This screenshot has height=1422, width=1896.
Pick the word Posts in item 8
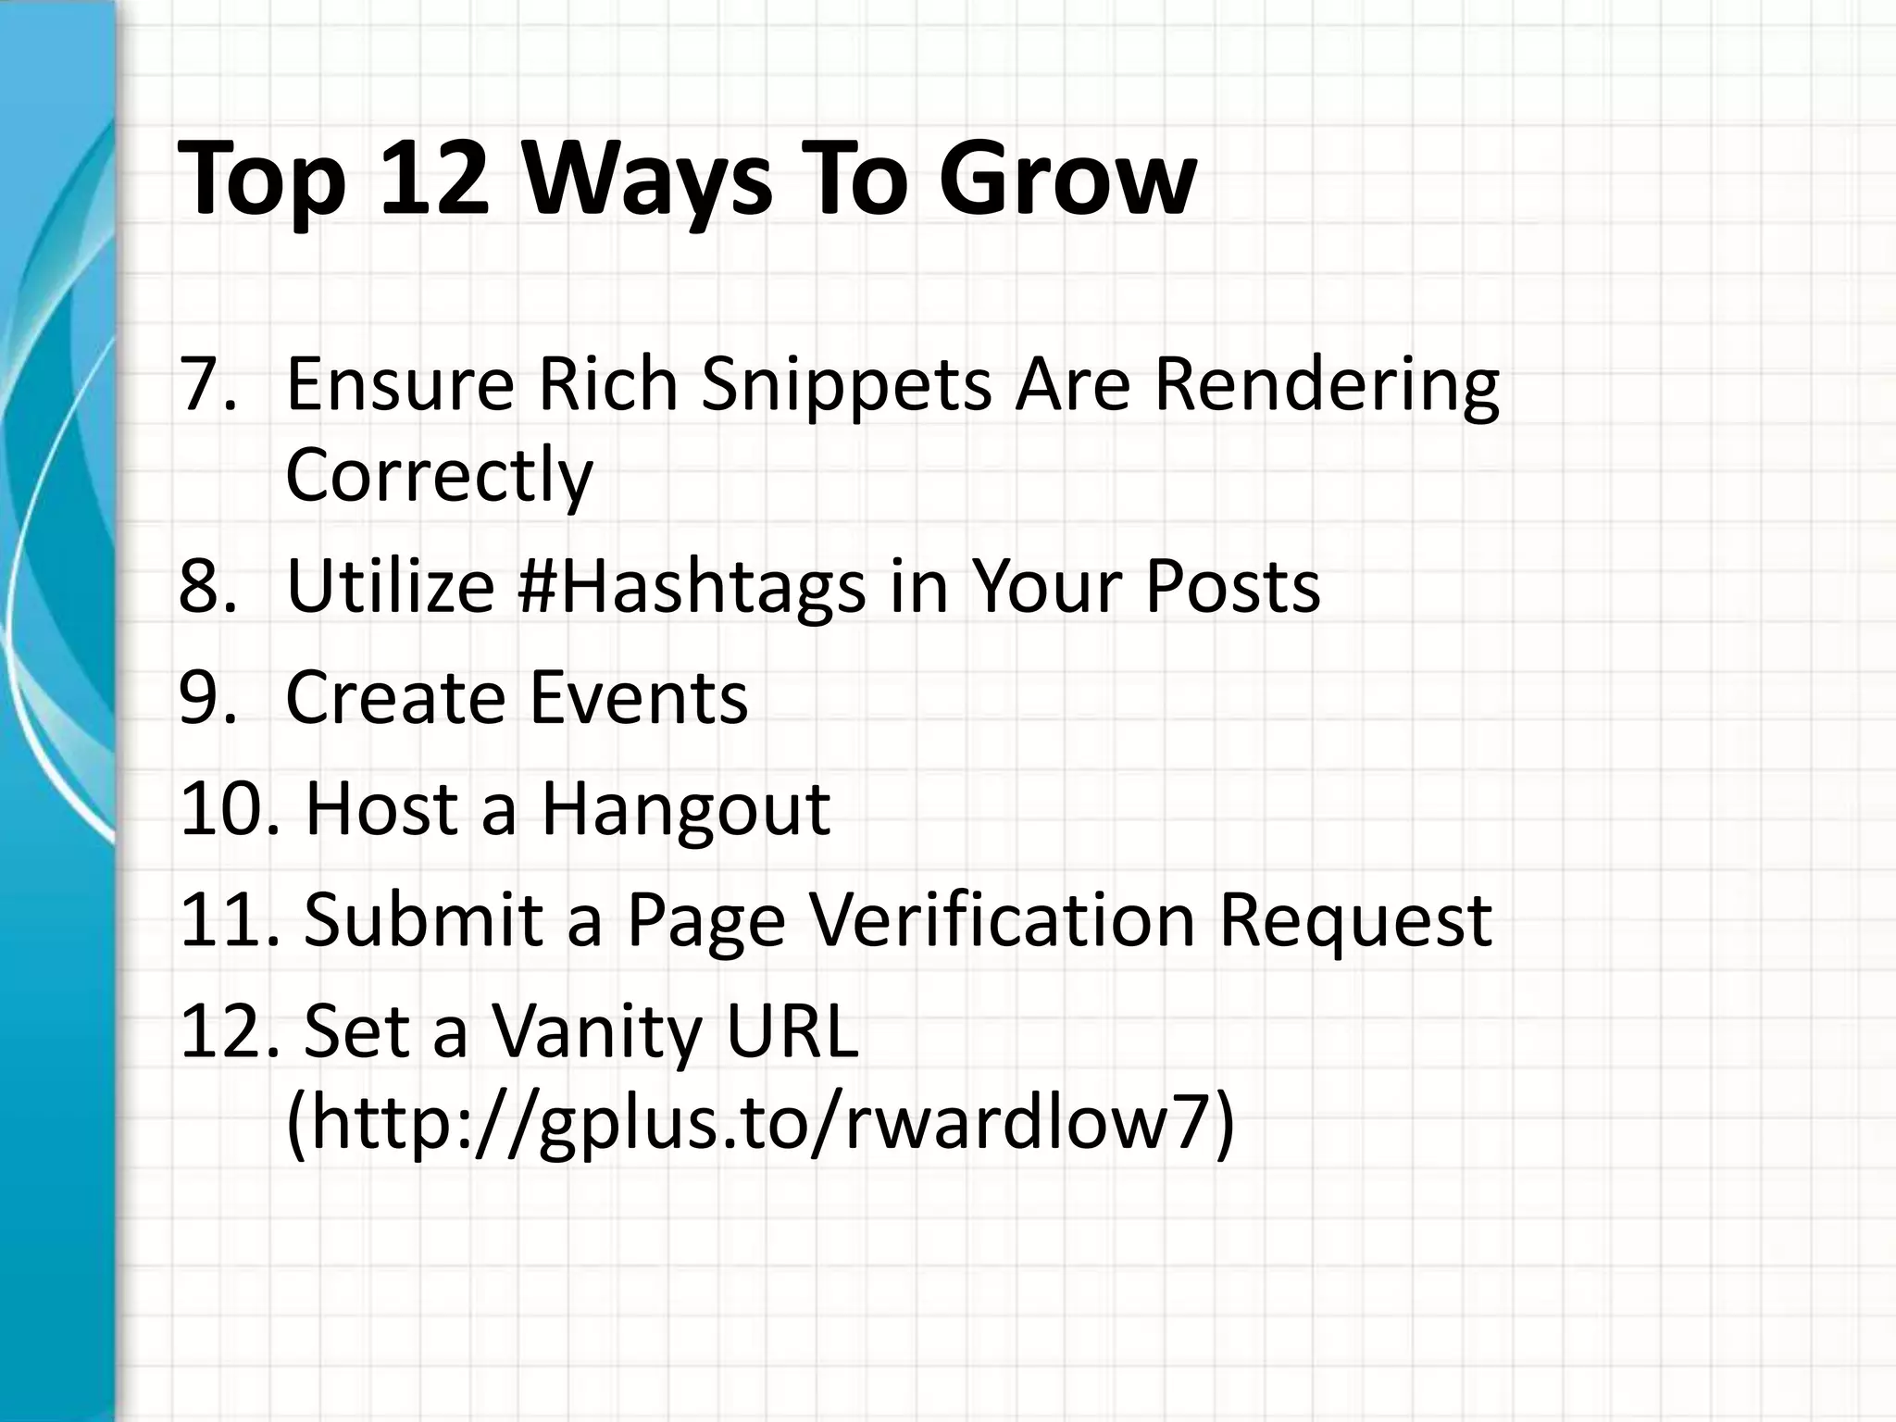point(1232,588)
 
